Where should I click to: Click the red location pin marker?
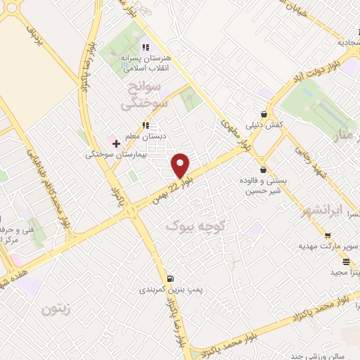point(181,165)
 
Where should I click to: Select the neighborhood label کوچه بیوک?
point(193,226)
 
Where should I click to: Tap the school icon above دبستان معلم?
point(145,125)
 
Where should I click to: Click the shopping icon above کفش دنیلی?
point(264,114)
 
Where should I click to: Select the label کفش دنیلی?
point(264,125)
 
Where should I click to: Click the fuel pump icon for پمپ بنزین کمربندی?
point(171,278)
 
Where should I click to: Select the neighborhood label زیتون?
point(58,309)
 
